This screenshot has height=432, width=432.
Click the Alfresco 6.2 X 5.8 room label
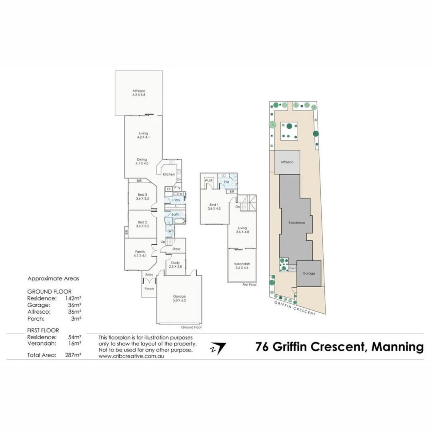pyautogui.click(x=139, y=93)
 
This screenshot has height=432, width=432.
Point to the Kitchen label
pyautogui.click(x=168, y=174)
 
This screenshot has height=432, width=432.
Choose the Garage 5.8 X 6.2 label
pyautogui.click(x=179, y=298)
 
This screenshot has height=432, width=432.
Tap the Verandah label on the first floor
pyautogui.click(x=242, y=266)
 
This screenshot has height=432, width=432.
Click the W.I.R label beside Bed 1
pyautogui.click(x=209, y=181)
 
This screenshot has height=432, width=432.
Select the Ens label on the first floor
pyautogui.click(x=226, y=182)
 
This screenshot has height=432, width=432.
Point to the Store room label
pyautogui.click(x=176, y=249)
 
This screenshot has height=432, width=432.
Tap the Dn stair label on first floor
pyautogui.click(x=237, y=207)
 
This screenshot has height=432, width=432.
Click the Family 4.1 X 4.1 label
pyautogui.click(x=140, y=254)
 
